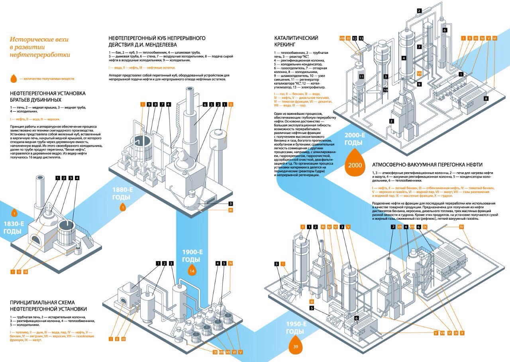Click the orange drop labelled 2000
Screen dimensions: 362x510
(x=355, y=164)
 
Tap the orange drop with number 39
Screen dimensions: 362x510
(x=295, y=345)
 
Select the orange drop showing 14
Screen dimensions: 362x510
(x=192, y=271)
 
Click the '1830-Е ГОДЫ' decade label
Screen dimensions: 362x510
(x=14, y=227)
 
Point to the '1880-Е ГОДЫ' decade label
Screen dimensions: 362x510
(x=122, y=193)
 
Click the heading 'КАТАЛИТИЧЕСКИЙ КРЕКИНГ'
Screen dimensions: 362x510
(x=296, y=41)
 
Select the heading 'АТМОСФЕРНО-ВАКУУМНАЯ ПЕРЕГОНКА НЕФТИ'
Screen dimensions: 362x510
(x=427, y=164)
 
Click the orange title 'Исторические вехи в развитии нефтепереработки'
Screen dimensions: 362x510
(x=40, y=47)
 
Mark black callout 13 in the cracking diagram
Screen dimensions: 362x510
(x=361, y=38)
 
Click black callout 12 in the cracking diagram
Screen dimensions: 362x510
(x=355, y=38)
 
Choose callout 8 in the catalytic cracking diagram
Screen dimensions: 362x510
(x=486, y=98)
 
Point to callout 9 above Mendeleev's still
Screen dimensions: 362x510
(x=149, y=104)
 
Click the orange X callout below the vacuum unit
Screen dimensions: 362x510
(x=462, y=332)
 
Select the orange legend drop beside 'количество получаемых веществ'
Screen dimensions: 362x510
(x=14, y=78)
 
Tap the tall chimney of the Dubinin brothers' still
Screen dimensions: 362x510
(x=40, y=195)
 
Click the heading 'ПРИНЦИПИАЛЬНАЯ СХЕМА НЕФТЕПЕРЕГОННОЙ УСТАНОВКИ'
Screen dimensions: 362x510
(x=48, y=305)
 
